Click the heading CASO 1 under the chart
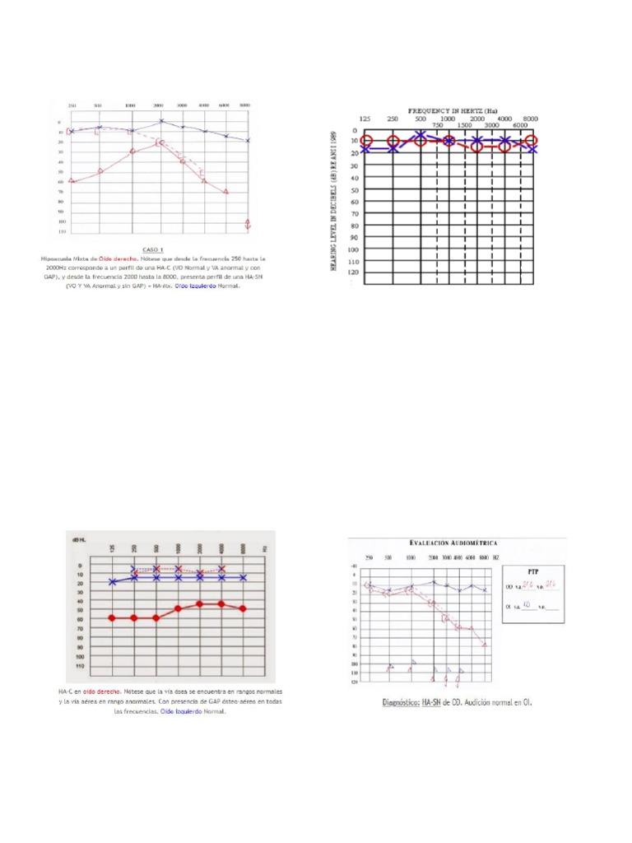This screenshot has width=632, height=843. pyautogui.click(x=153, y=249)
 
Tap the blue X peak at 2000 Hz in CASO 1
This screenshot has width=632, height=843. pyautogui.click(x=161, y=121)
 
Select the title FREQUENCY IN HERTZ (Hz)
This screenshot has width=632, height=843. pyautogui.click(x=452, y=109)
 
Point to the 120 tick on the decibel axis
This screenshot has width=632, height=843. pyautogui.click(x=353, y=272)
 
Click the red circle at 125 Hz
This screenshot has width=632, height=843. pyautogui.click(x=366, y=142)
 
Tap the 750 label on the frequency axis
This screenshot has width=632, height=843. pyautogui.click(x=437, y=125)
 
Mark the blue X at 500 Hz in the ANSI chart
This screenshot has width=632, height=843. pyautogui.click(x=421, y=135)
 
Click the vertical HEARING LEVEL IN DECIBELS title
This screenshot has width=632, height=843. pyautogui.click(x=335, y=202)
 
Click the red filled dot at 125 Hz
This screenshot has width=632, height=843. pyautogui.click(x=112, y=617)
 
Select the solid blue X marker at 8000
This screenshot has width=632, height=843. pyautogui.click(x=242, y=578)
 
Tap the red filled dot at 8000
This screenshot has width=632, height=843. pyautogui.click(x=242, y=608)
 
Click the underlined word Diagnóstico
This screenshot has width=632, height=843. pyautogui.click(x=402, y=703)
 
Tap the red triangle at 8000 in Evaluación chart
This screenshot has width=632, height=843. pyautogui.click(x=485, y=645)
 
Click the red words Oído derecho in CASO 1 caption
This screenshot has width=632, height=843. pyautogui.click(x=117, y=258)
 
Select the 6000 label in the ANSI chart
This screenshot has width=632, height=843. pyautogui.click(x=520, y=125)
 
